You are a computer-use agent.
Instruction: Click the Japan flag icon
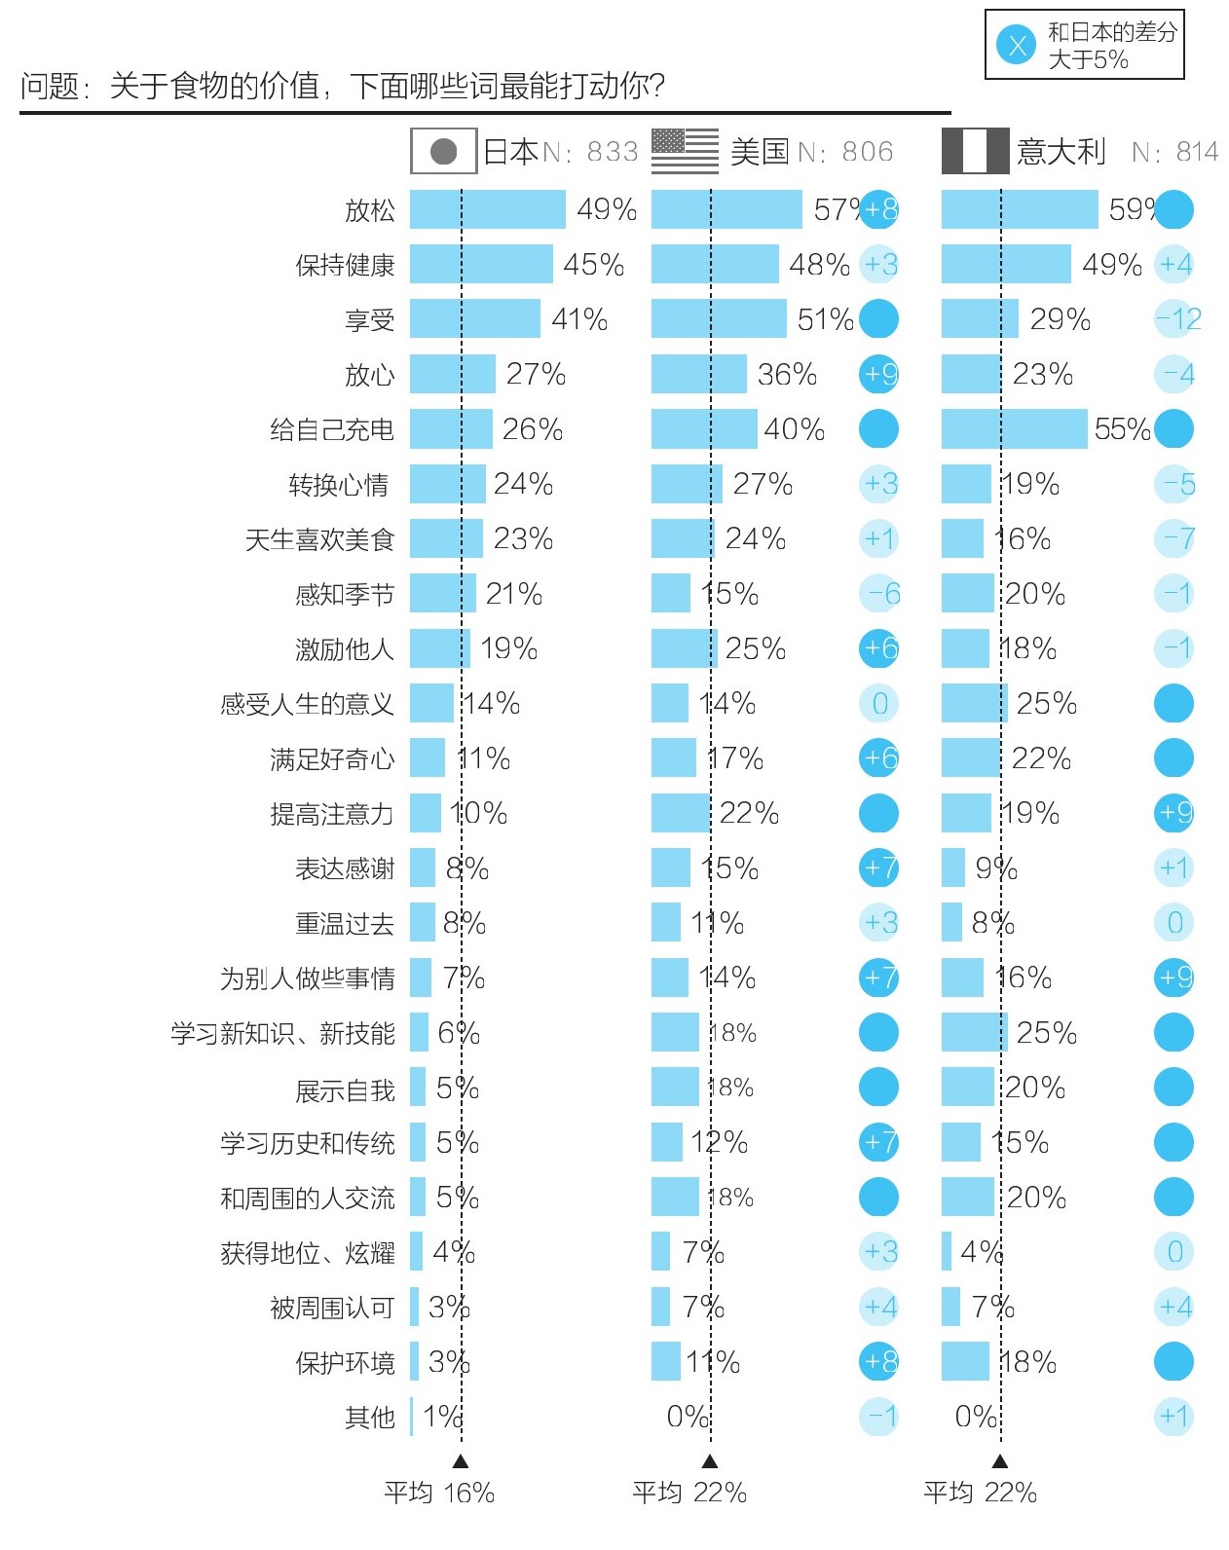(x=443, y=152)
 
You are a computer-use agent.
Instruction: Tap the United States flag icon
(x=685, y=152)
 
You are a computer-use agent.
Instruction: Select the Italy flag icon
(x=974, y=152)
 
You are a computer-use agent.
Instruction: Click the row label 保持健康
(x=345, y=265)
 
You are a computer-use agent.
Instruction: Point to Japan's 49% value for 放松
(x=607, y=209)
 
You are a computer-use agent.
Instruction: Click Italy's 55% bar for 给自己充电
(x=1014, y=429)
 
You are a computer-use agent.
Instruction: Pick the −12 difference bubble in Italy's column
(x=1177, y=319)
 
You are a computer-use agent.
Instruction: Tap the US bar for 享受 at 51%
(x=719, y=319)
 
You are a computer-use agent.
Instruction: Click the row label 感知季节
(x=345, y=594)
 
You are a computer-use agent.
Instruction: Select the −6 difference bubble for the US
(x=880, y=594)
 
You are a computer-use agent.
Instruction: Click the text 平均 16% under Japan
(x=438, y=1493)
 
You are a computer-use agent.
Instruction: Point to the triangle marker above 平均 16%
(x=461, y=1461)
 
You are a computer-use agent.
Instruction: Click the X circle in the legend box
(x=1017, y=45)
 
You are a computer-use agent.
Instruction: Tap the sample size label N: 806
(x=845, y=152)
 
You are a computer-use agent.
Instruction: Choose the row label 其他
(x=369, y=1418)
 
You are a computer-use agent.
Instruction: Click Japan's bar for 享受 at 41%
(x=474, y=319)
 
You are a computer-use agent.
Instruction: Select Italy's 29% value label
(x=1060, y=319)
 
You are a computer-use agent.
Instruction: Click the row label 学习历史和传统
(x=307, y=1143)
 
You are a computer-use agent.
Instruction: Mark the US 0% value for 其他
(x=688, y=1418)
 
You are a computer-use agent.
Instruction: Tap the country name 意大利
(x=1061, y=152)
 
